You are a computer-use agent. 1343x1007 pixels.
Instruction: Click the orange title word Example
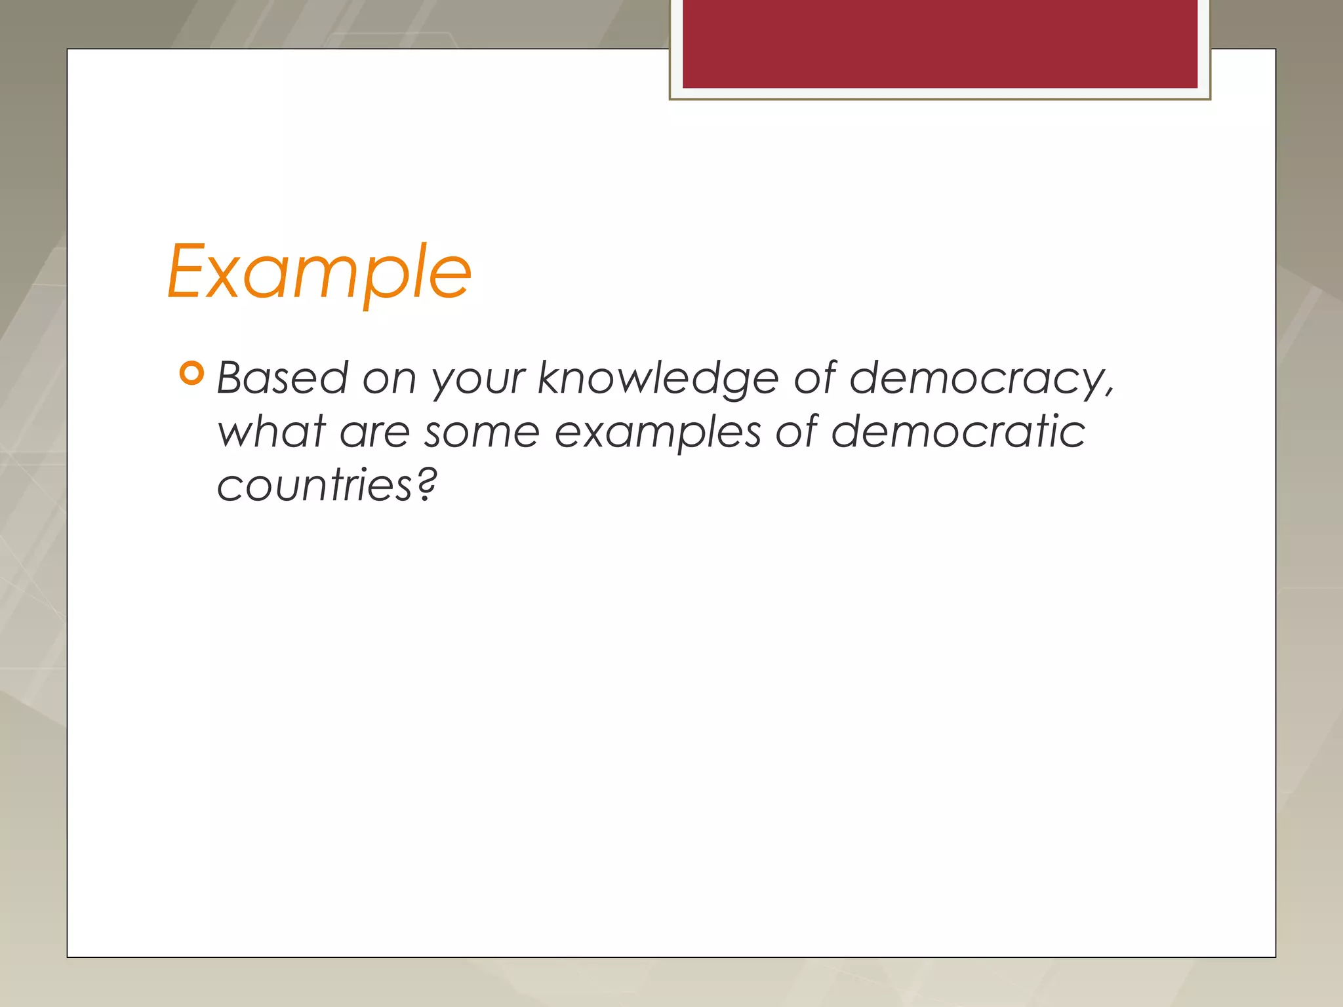point(319,271)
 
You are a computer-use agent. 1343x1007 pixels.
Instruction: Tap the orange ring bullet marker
point(191,374)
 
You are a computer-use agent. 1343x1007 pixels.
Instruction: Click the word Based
point(283,378)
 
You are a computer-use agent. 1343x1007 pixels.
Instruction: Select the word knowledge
point(658,380)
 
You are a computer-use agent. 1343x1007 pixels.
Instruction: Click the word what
point(271,432)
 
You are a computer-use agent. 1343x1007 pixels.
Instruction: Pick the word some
point(482,433)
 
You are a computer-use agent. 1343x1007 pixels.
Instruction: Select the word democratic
point(958,432)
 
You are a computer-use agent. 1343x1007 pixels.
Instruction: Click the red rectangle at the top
point(940,44)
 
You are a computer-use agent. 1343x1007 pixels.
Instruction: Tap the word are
point(374,433)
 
